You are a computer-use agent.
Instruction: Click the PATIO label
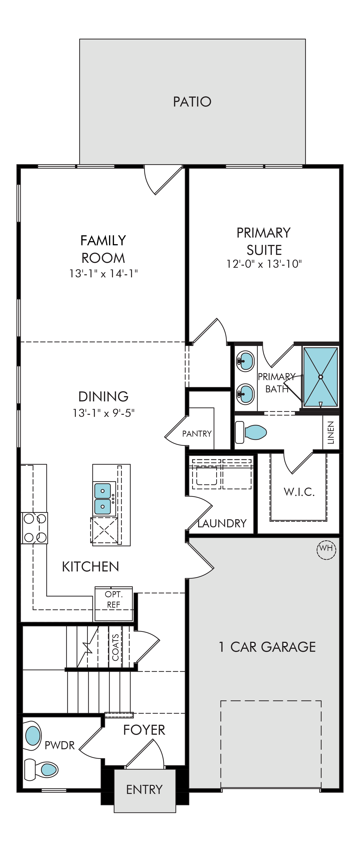point(192,102)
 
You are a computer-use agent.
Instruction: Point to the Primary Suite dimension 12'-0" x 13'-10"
point(264,264)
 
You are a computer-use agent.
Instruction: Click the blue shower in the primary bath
point(321,377)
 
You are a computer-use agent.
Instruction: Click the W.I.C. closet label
point(299,492)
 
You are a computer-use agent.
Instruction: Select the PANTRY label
point(197,434)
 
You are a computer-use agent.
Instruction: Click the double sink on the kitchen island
point(103,499)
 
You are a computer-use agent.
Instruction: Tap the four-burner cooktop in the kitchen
point(34,528)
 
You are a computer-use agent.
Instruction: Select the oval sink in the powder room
point(33,735)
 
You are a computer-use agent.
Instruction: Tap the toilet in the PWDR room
point(41,769)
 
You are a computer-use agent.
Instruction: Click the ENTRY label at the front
point(144,789)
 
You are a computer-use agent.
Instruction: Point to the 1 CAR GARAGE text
point(267,647)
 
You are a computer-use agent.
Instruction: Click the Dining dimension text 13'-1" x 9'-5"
point(103,413)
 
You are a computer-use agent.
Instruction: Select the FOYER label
point(144,730)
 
